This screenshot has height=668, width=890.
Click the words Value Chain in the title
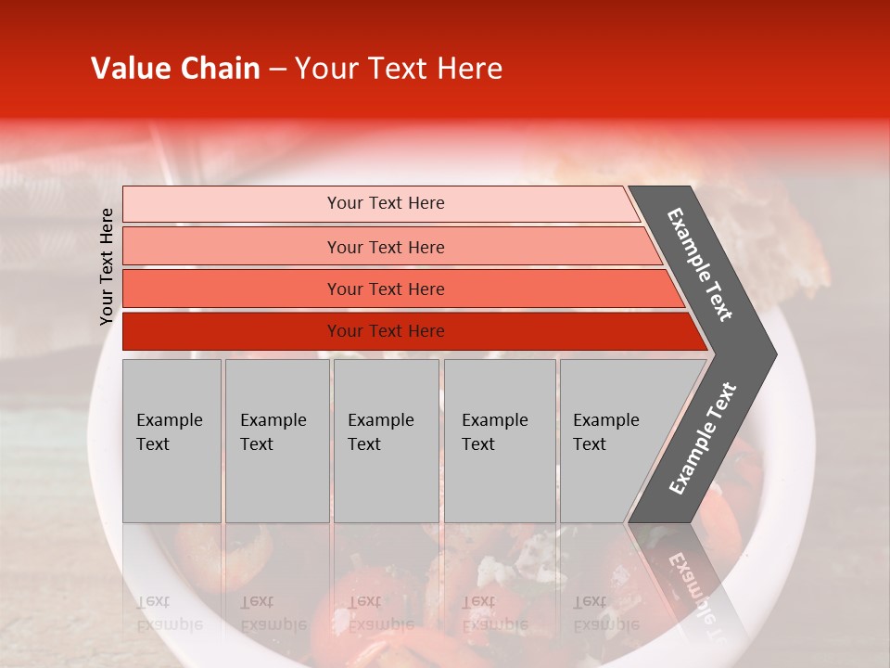tap(175, 69)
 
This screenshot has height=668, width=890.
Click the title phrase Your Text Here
tap(399, 69)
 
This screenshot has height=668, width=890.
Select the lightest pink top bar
tap(232, 204)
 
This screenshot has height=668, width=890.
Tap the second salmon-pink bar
tap(232, 247)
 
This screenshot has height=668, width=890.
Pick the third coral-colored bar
tap(232, 289)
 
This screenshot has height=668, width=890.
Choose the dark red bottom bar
tap(232, 331)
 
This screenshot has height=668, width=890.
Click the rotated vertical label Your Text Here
tap(107, 266)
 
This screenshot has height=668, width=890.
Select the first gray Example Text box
tap(172, 441)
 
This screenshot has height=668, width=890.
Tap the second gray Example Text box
tap(276, 441)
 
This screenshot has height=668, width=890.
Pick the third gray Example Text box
tap(386, 441)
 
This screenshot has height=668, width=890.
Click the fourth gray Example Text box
tap(500, 441)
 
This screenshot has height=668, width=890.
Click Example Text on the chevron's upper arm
tap(700, 264)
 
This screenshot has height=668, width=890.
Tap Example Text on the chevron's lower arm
tap(703, 439)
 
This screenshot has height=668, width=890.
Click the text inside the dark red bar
tap(386, 331)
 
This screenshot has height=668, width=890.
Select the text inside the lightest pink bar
tap(386, 203)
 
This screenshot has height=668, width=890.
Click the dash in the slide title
tap(277, 70)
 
